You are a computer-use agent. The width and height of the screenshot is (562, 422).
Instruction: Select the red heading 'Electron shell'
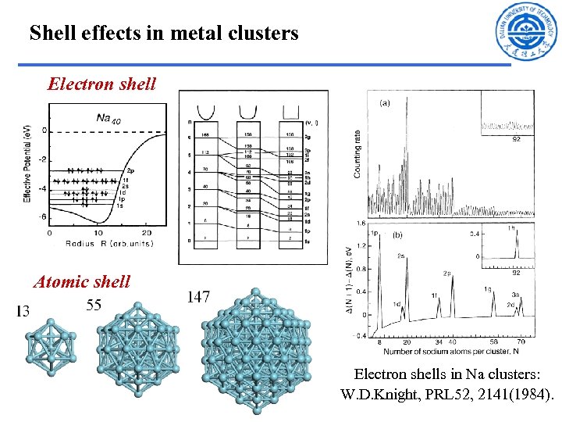[101, 84]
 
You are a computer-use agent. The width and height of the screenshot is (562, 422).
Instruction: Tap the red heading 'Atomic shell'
[82, 282]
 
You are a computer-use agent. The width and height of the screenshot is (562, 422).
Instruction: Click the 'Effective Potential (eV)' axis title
[29, 166]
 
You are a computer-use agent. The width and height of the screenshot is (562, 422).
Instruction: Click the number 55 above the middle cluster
[94, 306]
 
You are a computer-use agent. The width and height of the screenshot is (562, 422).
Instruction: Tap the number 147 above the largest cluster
[198, 297]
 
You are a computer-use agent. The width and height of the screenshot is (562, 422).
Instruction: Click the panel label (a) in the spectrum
[385, 102]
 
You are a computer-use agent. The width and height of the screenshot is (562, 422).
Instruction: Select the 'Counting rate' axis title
[358, 153]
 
